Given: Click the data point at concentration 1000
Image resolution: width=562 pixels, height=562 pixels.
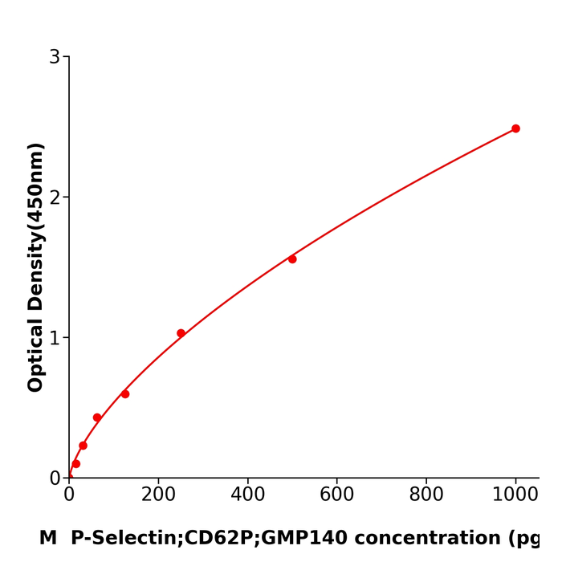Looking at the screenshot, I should (515, 128).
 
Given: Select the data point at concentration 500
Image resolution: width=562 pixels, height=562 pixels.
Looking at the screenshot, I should (292, 259).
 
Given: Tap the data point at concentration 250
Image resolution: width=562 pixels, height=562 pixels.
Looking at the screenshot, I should (181, 333).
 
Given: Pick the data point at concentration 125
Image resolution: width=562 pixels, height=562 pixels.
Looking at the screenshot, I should (125, 394).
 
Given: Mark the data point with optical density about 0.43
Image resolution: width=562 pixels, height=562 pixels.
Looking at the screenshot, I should (97, 417).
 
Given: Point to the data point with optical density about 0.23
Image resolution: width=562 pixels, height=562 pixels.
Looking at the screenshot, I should (83, 446).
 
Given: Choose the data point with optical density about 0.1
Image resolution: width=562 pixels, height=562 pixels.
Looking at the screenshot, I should (76, 464).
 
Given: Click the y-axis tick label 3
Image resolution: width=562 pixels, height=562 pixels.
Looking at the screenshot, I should (55, 57).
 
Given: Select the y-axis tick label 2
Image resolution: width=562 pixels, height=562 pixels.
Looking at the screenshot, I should (55, 198).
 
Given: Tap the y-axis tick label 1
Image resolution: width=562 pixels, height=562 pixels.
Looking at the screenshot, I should (55, 338).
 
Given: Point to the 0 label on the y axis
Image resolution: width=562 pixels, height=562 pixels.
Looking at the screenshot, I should (55, 479).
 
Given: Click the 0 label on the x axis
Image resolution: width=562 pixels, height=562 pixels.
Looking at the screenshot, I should (69, 495).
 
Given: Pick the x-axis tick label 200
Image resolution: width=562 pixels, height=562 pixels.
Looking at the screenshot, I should (158, 495).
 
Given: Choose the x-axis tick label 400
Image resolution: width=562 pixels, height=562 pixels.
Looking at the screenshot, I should (247, 495).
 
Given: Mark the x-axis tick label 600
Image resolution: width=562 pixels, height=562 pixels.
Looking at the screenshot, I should (337, 495).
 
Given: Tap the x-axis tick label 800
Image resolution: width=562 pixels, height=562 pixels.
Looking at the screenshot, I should (426, 495).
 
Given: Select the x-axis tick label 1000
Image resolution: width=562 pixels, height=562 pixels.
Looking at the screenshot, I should (515, 495).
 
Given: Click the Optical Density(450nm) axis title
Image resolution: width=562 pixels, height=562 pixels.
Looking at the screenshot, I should (35, 267).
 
